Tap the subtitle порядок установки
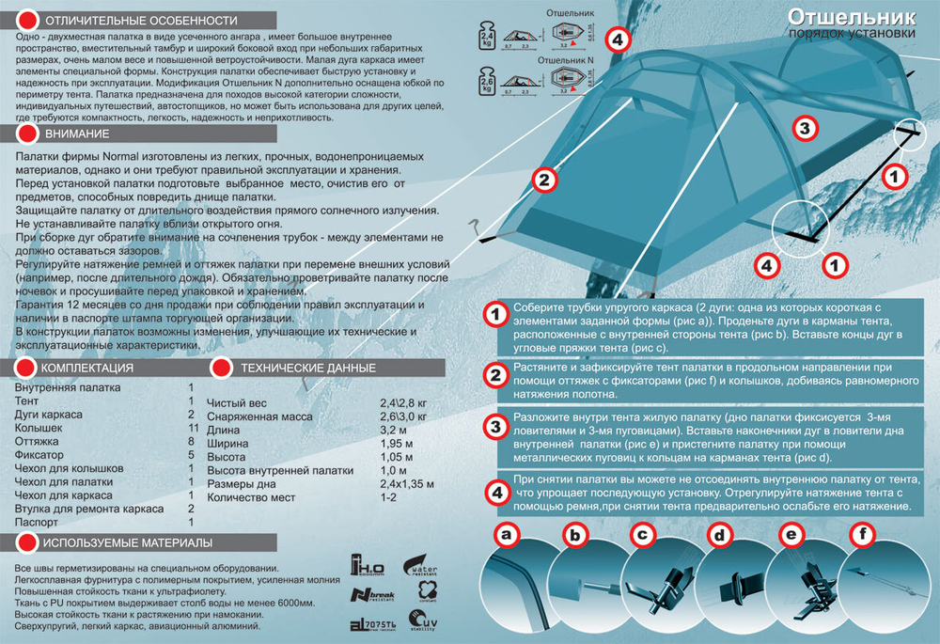coord(853,35)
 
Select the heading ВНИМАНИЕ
coord(71,134)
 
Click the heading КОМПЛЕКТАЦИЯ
coord(88,368)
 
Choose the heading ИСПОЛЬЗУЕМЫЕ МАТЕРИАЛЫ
coord(129,542)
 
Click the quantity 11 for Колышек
coord(191,428)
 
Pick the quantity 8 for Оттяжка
coord(191,441)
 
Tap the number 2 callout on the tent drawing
coord(544,180)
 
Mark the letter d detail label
coord(719,536)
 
